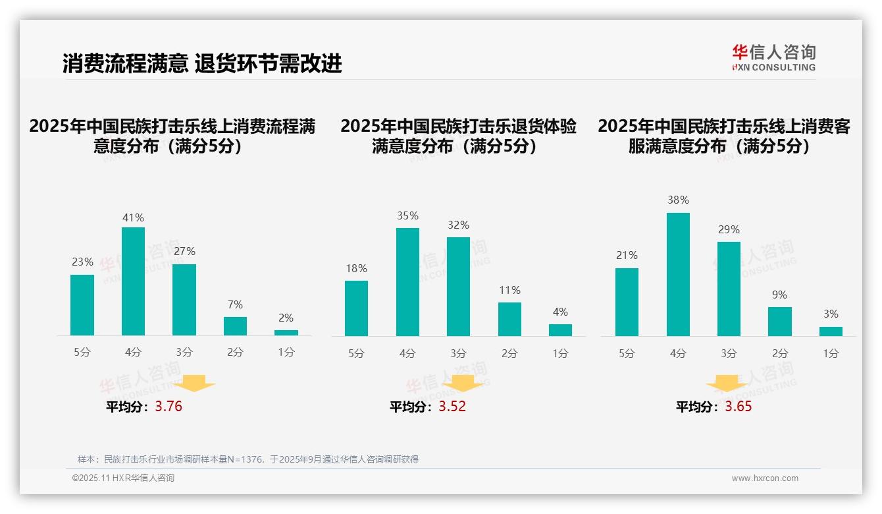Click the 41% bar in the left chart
click(133, 281)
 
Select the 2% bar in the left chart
click(286, 333)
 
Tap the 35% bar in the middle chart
click(407, 282)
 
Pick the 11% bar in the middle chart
click(509, 319)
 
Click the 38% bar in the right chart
click(678, 274)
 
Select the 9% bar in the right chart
click(780, 322)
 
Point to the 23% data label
click(82, 262)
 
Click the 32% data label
click(459, 225)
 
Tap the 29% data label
click(729, 229)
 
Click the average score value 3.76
click(169, 407)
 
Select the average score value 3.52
click(452, 407)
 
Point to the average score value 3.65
click(739, 407)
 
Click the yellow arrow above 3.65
click(727, 384)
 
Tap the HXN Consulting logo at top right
click(773, 58)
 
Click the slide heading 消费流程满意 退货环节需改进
click(202, 63)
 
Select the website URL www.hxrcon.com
click(765, 478)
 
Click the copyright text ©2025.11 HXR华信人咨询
click(123, 478)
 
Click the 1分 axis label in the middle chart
click(560, 353)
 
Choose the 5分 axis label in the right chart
click(627, 353)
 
